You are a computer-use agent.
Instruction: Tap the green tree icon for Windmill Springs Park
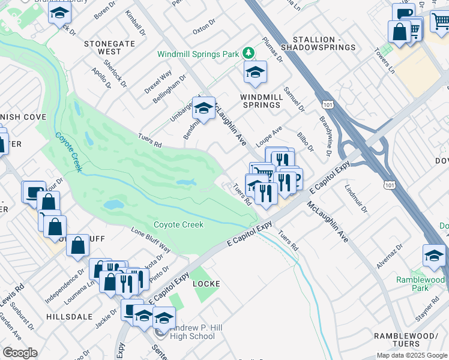click(x=249, y=53)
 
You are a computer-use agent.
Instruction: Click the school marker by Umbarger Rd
click(x=203, y=109)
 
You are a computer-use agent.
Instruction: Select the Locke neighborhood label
click(x=205, y=283)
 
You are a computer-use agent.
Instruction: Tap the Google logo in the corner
click(x=20, y=353)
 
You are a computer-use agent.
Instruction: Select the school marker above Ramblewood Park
click(x=434, y=256)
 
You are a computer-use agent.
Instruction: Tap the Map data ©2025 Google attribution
click(x=412, y=355)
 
